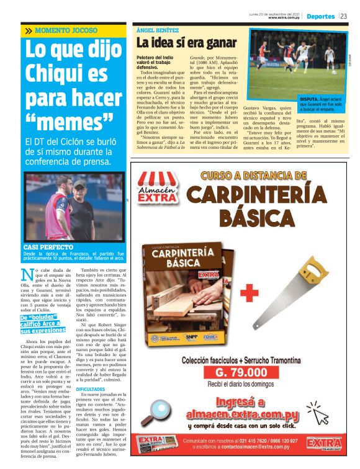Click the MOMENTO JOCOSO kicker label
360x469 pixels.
click(66, 30)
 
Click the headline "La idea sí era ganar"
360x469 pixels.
click(186, 43)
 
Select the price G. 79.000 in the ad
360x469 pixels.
click(240, 373)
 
